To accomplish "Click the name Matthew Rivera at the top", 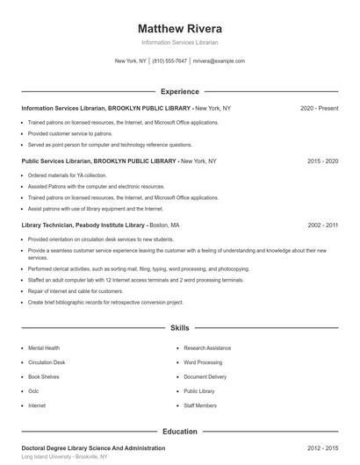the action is point(180,27).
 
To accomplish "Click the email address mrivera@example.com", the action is point(219,61).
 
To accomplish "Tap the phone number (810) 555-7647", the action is point(169,61).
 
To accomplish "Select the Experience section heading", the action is point(180,91).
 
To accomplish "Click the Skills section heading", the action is point(180,328).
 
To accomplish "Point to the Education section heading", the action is point(180,432).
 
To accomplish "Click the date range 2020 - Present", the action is point(320,108).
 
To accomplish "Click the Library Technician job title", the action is point(54,225).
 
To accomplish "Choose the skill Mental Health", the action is point(45,348).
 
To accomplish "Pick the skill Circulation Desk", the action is point(47,362).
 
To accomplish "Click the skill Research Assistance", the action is point(207,348).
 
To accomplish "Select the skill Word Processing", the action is point(203,362).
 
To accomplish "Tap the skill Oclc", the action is point(34,391).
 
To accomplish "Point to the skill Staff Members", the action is point(201,406).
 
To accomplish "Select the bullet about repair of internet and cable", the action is point(76,290).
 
